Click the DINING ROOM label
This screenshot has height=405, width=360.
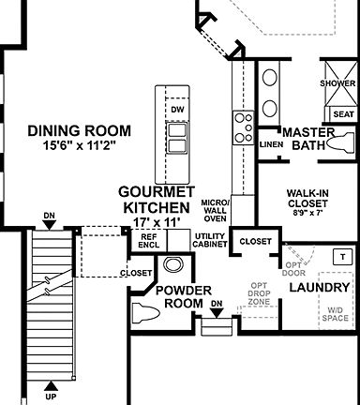[79, 130]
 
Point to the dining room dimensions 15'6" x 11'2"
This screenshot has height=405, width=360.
[79, 145]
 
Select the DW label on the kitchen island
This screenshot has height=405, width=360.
[176, 110]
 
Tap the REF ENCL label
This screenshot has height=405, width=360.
[148, 240]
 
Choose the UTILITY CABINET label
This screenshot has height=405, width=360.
[210, 240]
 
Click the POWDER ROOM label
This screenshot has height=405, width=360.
[183, 296]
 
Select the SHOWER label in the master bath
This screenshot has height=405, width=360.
[337, 82]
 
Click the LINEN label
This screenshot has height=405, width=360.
[271, 145]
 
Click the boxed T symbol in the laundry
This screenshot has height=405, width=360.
[343, 257]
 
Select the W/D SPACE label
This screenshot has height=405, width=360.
[335, 316]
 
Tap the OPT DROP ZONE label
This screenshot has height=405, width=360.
[260, 295]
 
